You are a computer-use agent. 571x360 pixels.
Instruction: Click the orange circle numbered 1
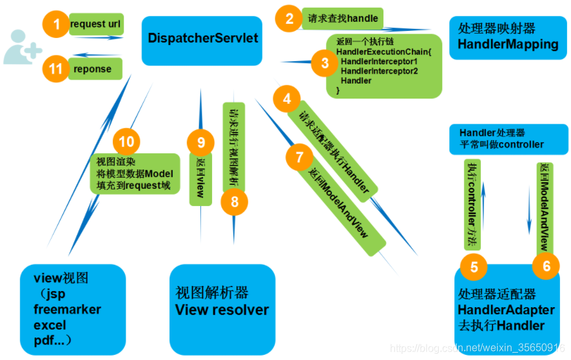click(57, 25)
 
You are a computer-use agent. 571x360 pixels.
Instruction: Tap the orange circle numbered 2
click(288, 17)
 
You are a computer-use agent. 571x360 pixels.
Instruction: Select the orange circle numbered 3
click(324, 62)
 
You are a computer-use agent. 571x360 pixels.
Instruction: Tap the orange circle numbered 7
click(298, 156)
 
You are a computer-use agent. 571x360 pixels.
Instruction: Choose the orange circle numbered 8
click(234, 202)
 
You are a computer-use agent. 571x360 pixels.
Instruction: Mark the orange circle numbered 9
click(200, 142)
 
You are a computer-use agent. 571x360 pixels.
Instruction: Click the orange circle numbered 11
click(56, 68)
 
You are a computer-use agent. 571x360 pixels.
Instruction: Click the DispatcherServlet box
click(202, 39)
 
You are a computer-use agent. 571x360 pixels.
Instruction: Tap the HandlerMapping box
click(507, 38)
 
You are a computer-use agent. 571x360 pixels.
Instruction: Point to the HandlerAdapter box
click(505, 310)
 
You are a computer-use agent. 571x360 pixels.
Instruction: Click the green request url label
click(95, 25)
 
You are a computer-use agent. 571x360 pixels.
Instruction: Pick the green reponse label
click(94, 69)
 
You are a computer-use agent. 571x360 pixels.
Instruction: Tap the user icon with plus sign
click(22, 46)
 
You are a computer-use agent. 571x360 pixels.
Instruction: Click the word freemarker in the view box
click(67, 309)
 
